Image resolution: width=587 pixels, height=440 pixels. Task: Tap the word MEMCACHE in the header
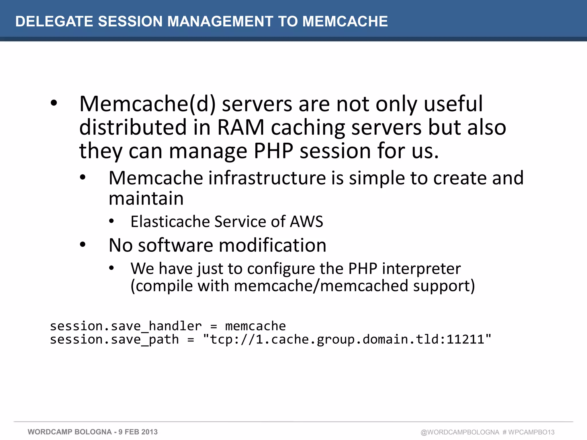(345, 21)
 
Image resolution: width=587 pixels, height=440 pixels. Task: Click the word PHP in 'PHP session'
(273, 151)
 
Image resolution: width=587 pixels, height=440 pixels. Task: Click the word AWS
(306, 221)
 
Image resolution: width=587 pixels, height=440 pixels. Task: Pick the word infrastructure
(267, 178)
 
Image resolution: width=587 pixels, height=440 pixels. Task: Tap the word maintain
(146, 199)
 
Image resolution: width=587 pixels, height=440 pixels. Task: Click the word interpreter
(421, 269)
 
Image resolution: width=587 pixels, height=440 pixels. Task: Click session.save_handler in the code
(126, 326)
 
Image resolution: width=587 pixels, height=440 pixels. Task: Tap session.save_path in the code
(114, 339)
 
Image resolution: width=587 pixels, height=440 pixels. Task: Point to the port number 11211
(465, 339)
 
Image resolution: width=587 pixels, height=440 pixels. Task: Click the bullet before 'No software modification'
(83, 245)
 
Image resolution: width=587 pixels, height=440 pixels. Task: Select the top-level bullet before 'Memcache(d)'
(54, 103)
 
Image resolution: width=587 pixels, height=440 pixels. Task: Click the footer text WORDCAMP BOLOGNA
(70, 432)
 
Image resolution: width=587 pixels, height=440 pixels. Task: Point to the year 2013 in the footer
(149, 432)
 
